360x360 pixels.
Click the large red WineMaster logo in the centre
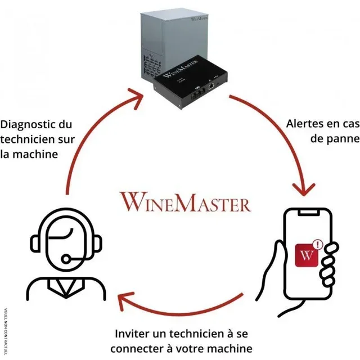pyautogui.click(x=185, y=202)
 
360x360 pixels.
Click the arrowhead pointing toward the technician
pyautogui.click(x=125, y=302)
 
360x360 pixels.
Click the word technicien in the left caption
pyautogui.click(x=25, y=139)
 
